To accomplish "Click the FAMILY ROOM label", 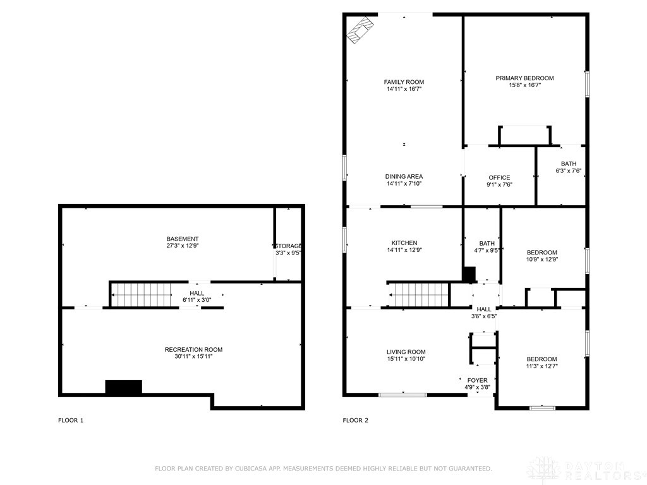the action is click(404, 82).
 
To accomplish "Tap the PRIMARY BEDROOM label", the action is click(524, 78).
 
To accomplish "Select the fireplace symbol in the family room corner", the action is click(361, 30).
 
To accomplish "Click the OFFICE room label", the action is click(499, 177).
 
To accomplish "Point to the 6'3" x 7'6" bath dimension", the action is click(569, 171).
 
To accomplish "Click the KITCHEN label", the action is click(404, 243).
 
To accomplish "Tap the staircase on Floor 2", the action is click(419, 295).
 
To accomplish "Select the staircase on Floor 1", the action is click(142, 294).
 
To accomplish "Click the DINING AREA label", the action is click(404, 177).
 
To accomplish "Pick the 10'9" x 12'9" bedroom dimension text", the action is click(541, 260).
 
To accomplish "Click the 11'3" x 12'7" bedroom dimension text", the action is click(541, 366).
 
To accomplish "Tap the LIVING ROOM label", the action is click(406, 352).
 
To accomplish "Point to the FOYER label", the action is click(478, 380).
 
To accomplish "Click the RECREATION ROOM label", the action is click(193, 350).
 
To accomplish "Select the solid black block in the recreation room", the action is click(124, 387).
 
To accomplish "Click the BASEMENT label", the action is click(183, 239).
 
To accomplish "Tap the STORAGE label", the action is click(288, 246).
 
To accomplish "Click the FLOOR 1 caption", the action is click(71, 420).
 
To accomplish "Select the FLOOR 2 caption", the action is click(355, 420).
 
